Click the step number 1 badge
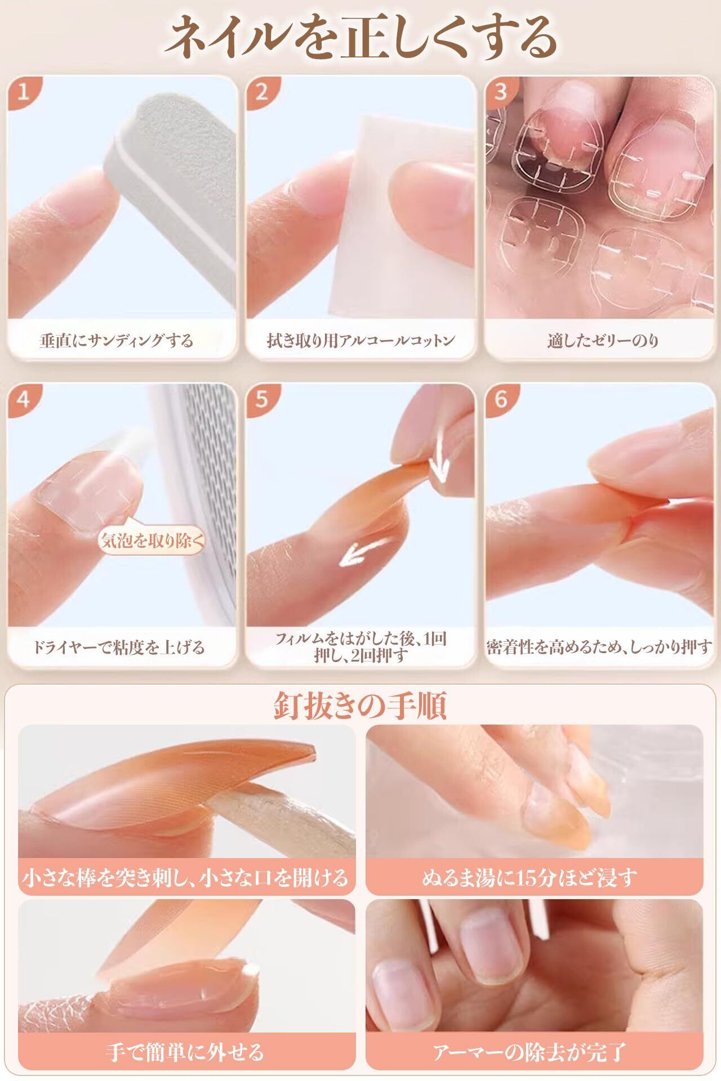click(23, 91)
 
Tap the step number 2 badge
click(261, 91)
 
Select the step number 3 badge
click(500, 91)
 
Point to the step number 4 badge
click(23, 399)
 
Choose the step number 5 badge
click(261, 399)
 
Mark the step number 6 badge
click(500, 399)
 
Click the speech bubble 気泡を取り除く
click(151, 541)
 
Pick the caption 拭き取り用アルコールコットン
click(360, 340)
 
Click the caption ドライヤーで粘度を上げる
click(118, 647)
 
